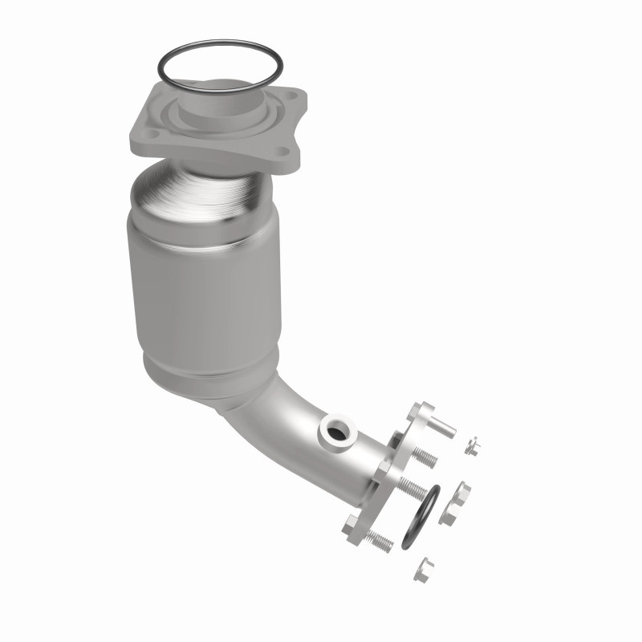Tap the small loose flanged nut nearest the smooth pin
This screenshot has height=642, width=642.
(472, 445)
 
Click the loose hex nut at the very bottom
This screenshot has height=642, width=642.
(423, 571)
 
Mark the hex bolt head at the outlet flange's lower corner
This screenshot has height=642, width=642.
(353, 527)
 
